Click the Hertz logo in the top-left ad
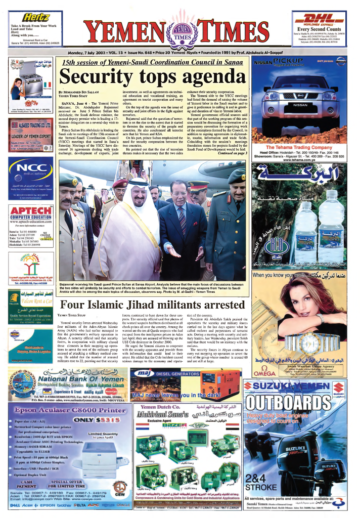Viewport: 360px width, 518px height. tap(25, 17)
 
